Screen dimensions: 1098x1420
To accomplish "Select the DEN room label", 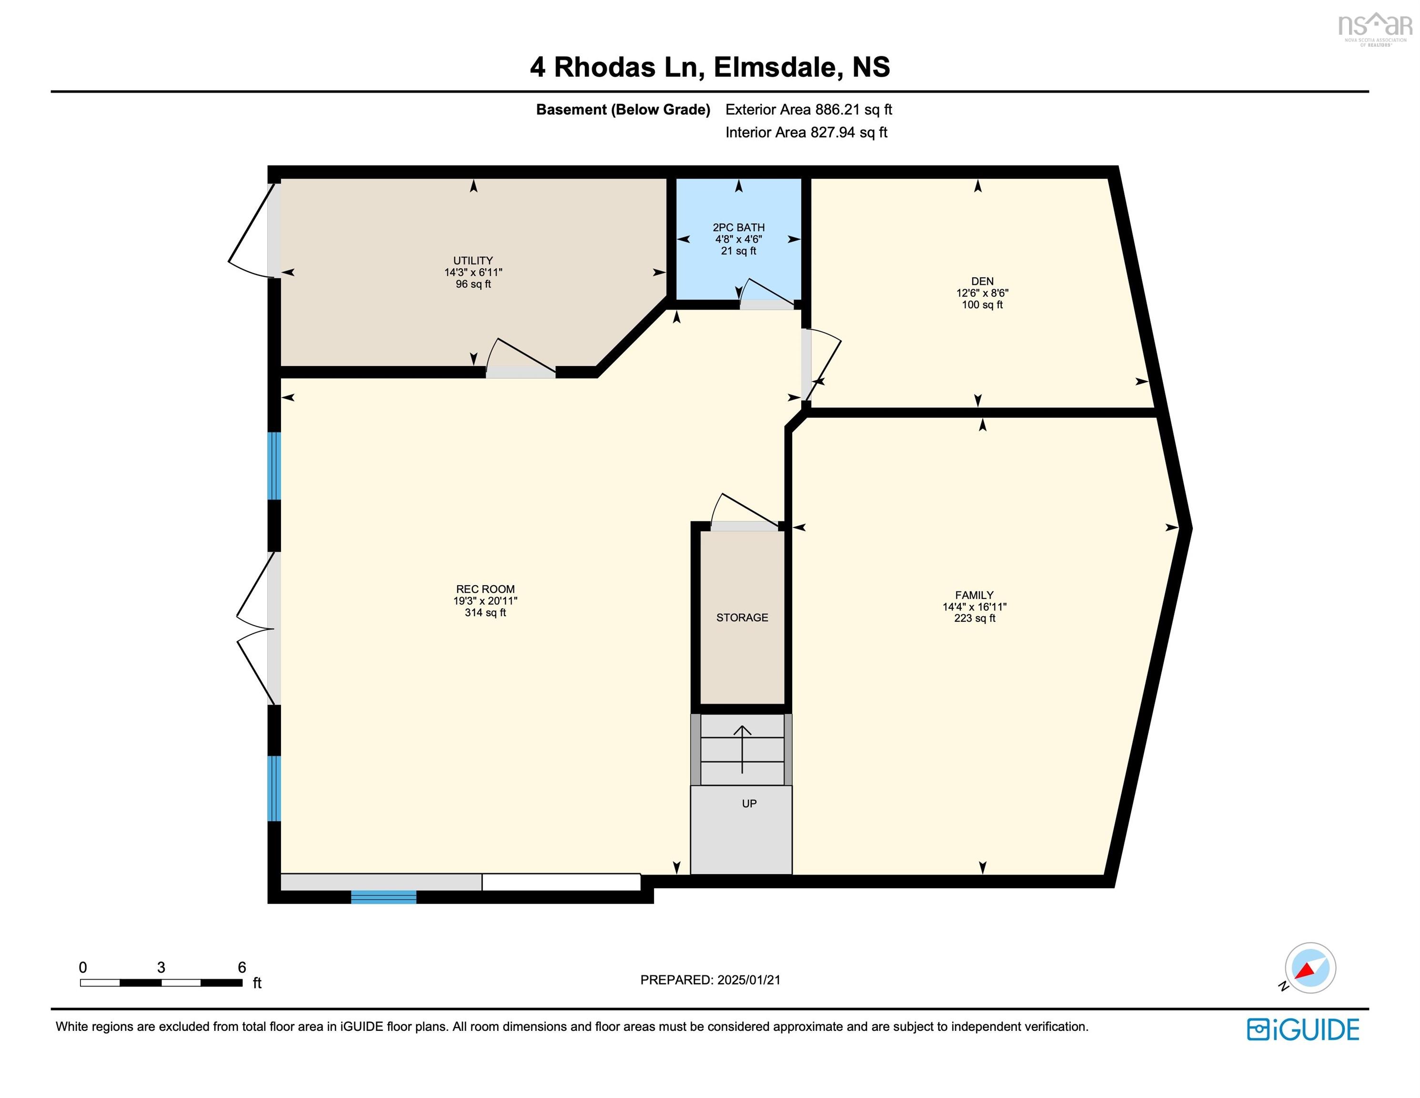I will pyautogui.click(x=982, y=281).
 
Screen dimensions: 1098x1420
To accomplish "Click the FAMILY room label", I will pyautogui.click(x=974, y=595).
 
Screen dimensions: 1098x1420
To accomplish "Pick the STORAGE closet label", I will pyautogui.click(x=742, y=617).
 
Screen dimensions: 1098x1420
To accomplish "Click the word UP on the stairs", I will pyautogui.click(x=749, y=803).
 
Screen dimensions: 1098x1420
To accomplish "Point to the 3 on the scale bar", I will pyautogui.click(x=161, y=967).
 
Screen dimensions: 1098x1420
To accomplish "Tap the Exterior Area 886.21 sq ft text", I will pyautogui.click(x=808, y=109).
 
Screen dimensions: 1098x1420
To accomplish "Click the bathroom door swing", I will pyautogui.click(x=766, y=292).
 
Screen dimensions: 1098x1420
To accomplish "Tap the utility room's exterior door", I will pyautogui.click(x=252, y=231).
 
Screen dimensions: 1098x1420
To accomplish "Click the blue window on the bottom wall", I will pyautogui.click(x=383, y=897).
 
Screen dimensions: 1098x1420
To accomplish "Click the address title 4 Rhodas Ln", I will pyautogui.click(x=616, y=67).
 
